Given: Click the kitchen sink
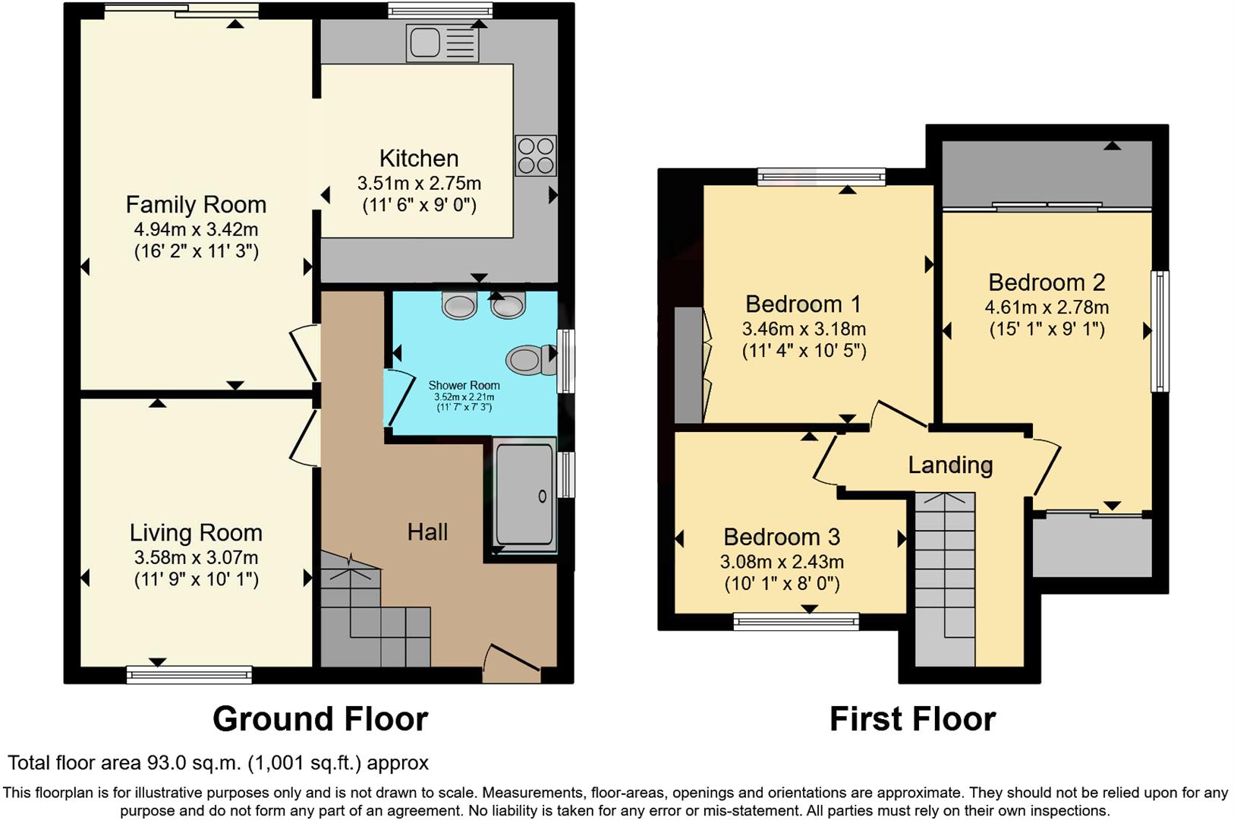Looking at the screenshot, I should [x=425, y=43].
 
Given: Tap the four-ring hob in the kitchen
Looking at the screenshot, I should [x=535, y=156].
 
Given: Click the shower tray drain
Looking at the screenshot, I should [x=542, y=497].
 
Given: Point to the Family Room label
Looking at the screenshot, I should [x=196, y=205].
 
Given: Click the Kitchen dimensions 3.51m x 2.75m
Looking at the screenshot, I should [x=419, y=183].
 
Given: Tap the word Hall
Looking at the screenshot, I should [x=427, y=532].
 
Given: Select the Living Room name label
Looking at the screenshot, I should [x=196, y=533].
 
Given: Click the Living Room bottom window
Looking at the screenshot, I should [x=189, y=673].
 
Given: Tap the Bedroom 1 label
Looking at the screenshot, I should [x=803, y=304].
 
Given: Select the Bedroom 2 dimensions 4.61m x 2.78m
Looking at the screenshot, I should [x=1047, y=307].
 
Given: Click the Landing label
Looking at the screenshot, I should [x=950, y=465].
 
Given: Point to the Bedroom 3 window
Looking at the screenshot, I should [x=796, y=623].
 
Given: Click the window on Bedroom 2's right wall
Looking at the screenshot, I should [x=1160, y=331].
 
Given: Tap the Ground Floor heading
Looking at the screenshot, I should [x=320, y=718].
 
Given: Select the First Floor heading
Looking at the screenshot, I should [x=912, y=718].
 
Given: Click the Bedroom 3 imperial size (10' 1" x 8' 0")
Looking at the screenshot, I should [x=782, y=584].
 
